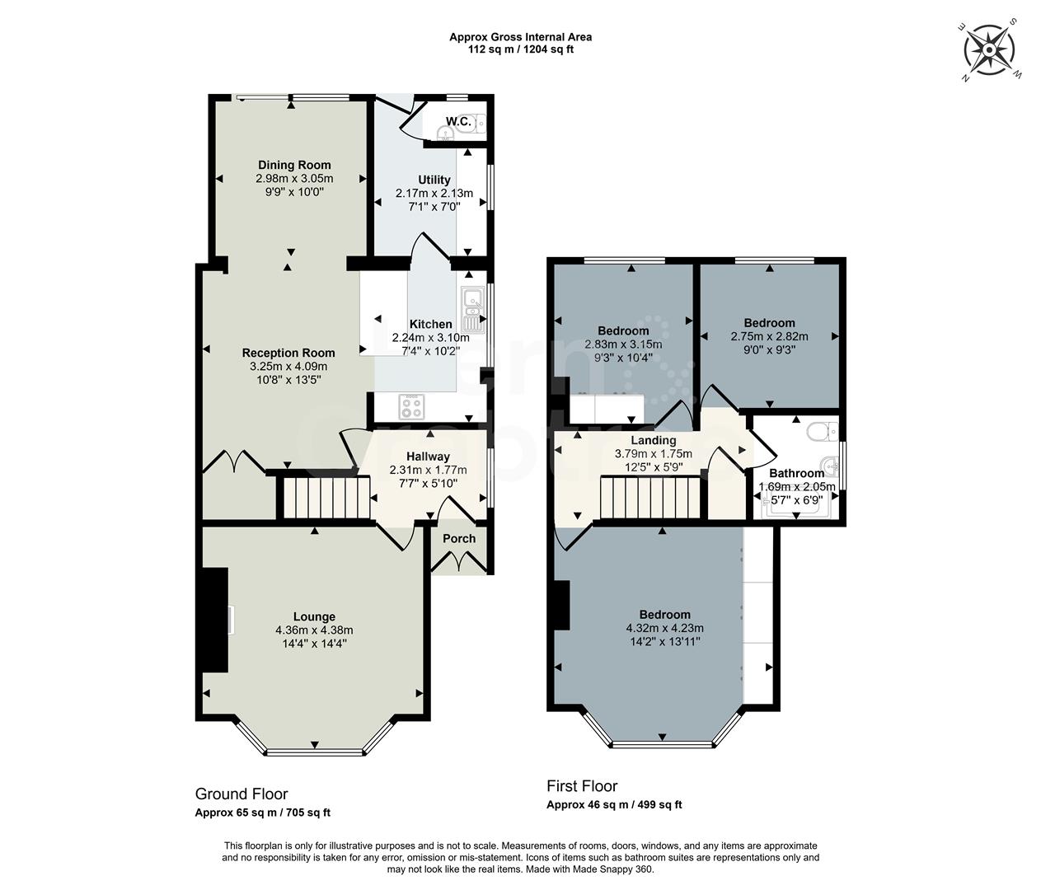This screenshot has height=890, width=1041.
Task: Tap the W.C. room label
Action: (458, 122)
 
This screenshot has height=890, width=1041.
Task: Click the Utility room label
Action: (434, 180)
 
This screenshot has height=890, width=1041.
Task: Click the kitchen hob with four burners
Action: (411, 405)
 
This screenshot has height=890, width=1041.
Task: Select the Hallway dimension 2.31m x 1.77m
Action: (428, 470)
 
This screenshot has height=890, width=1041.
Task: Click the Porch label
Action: (459, 539)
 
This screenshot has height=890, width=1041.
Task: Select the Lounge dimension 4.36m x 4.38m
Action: (314, 630)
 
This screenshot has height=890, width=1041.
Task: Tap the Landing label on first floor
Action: (653, 441)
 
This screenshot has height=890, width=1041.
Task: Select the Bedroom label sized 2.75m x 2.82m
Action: (768, 323)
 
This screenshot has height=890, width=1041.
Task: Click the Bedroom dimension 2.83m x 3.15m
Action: (622, 344)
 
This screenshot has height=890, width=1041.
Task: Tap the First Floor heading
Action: (582, 786)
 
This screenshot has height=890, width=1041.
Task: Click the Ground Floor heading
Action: (241, 794)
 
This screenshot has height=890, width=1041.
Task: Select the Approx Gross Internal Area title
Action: (520, 36)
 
